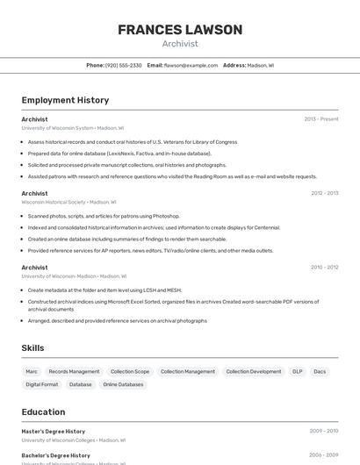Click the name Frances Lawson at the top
(x=180, y=30)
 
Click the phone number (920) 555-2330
(x=123, y=65)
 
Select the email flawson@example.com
(x=191, y=65)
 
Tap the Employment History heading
(x=65, y=100)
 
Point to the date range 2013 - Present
(x=321, y=118)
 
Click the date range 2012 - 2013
(x=324, y=193)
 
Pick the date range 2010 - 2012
(x=324, y=267)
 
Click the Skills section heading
(x=32, y=348)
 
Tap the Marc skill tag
(x=32, y=371)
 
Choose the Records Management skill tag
(x=74, y=371)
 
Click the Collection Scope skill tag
(x=130, y=371)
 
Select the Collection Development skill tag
(x=254, y=371)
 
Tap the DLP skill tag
(x=298, y=371)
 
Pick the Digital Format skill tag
(x=42, y=384)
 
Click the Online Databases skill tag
(x=123, y=384)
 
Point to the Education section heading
(x=43, y=411)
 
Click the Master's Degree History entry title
(x=54, y=431)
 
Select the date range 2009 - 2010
(x=324, y=431)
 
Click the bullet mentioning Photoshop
(x=104, y=215)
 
